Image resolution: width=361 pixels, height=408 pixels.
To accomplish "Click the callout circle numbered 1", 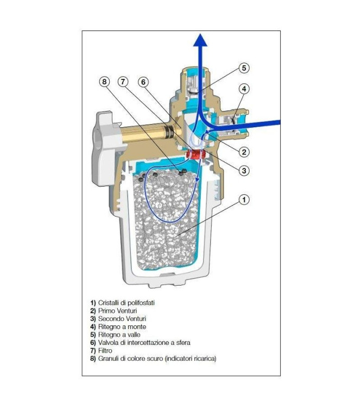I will click(244, 200).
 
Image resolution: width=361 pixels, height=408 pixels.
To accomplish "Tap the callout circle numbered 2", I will click(244, 152).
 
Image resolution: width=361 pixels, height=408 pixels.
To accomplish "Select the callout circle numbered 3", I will click(244, 170).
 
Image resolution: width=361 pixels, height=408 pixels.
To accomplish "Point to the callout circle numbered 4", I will click(244, 89).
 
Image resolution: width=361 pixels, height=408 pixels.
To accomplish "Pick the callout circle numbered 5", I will click(244, 69).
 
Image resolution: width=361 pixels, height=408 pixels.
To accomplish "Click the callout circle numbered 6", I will click(143, 82).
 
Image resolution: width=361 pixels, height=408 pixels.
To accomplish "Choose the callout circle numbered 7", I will click(124, 82).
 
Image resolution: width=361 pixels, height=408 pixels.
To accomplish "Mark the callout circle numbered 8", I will click(105, 82).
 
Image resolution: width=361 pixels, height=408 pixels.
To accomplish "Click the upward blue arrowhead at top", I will click(201, 39).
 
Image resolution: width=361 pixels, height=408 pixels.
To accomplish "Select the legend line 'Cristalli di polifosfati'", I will click(125, 302).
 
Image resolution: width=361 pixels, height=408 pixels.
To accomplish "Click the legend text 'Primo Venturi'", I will click(117, 310).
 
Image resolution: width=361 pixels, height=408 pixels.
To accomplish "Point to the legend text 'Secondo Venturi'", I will click(120, 318).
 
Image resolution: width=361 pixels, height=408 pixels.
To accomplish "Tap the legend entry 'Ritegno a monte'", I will click(119, 326).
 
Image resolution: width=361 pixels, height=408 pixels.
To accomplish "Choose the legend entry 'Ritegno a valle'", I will click(118, 335).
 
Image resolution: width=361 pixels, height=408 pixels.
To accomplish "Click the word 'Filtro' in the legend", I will click(105, 351).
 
